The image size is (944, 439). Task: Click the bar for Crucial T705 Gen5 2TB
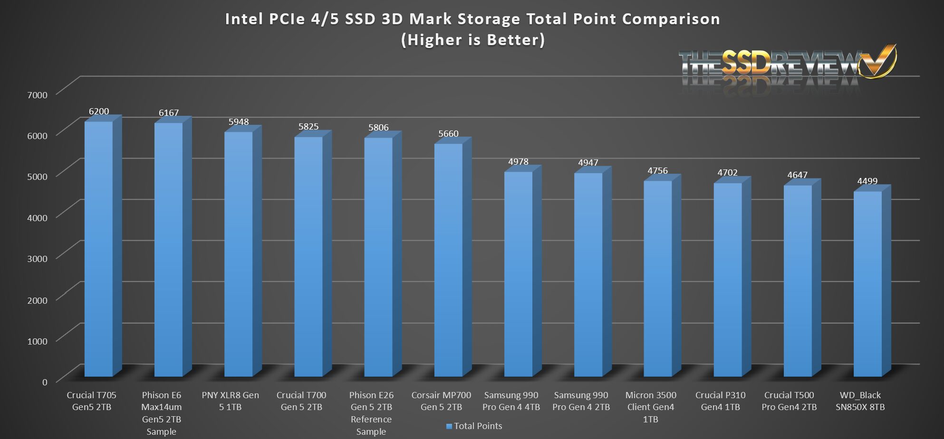click(99, 249)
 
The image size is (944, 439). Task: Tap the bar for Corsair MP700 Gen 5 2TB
click(448, 260)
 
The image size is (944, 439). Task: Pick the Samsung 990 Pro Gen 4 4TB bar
click(518, 274)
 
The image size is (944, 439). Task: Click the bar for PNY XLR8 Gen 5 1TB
click(239, 254)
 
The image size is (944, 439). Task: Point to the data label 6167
click(169, 113)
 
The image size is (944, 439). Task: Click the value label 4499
click(867, 181)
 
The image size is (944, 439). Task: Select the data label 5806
click(378, 128)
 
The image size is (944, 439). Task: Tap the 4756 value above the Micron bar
click(657, 171)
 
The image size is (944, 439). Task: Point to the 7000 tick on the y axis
click(37, 95)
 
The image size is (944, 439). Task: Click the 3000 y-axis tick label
click(37, 259)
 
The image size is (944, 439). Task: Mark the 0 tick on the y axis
click(45, 382)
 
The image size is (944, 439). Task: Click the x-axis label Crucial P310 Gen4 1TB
click(720, 401)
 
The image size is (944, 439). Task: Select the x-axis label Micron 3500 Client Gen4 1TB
click(650, 407)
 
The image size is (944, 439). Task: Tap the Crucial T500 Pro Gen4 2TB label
click(789, 401)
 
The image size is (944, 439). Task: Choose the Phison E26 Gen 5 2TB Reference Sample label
click(371, 413)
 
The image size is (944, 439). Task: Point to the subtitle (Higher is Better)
click(473, 40)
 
